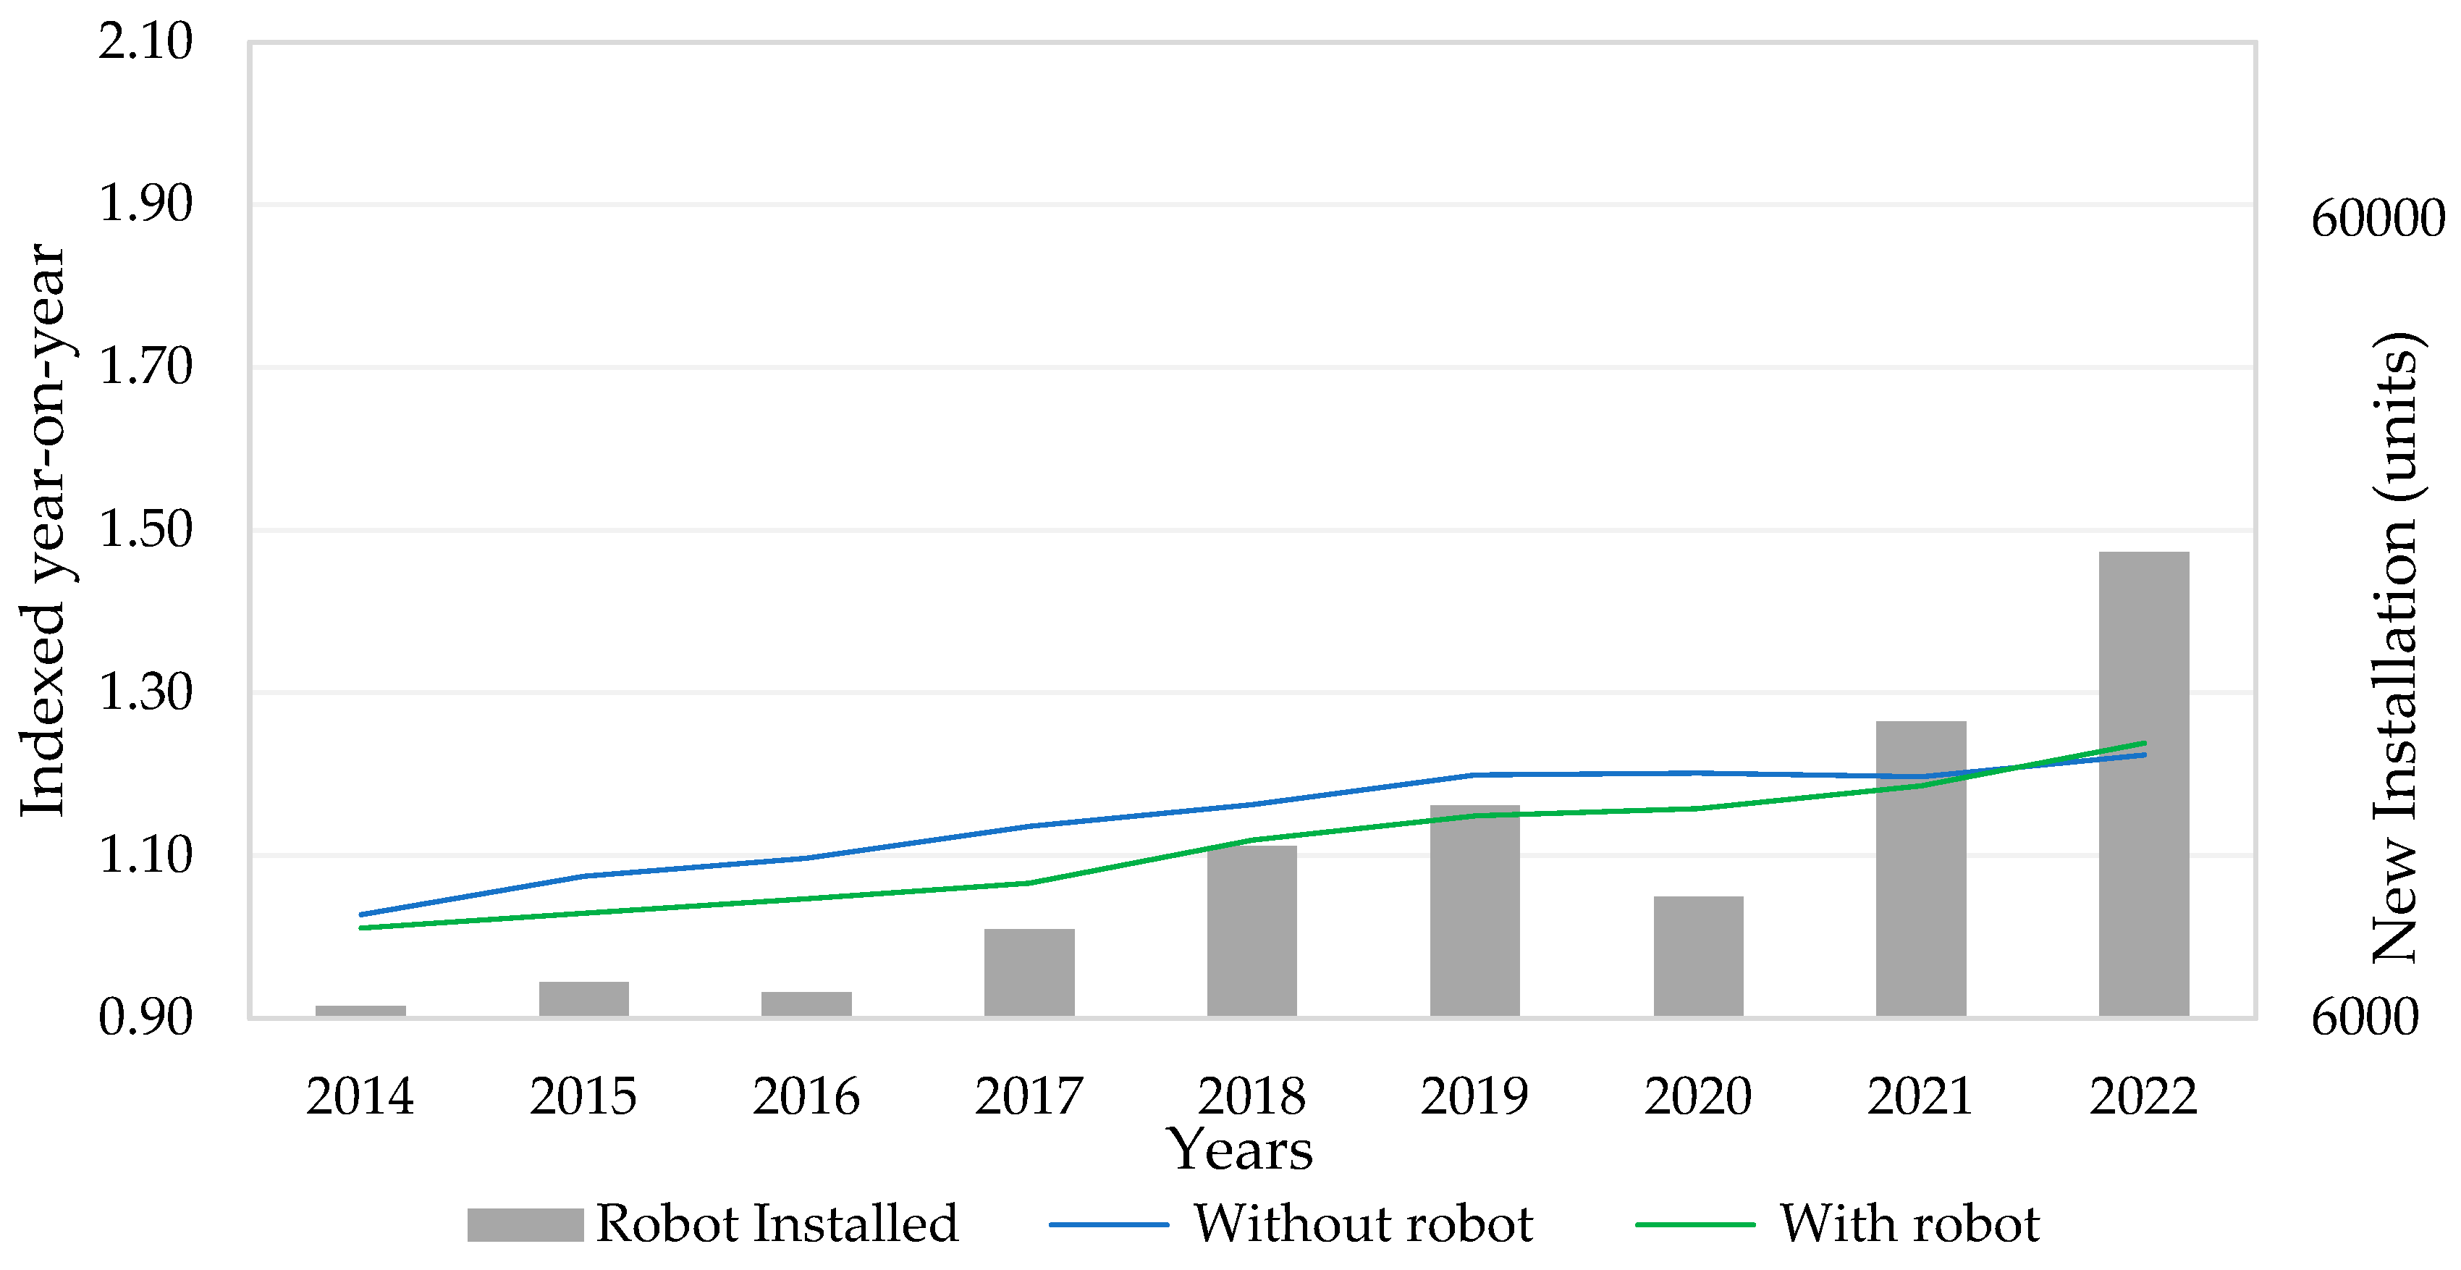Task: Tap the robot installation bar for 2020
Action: coord(1697,956)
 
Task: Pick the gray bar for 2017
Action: coord(1029,972)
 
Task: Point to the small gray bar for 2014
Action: coord(360,1010)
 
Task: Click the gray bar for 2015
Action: coord(583,998)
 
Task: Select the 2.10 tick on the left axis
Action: coord(145,41)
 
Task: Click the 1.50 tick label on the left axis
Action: coord(145,529)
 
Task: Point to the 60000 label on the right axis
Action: coord(2377,219)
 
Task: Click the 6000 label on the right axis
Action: coord(2365,1018)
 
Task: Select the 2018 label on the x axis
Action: coord(1251,1096)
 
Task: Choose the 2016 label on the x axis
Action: coord(806,1096)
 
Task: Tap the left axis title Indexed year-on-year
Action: coord(43,529)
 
